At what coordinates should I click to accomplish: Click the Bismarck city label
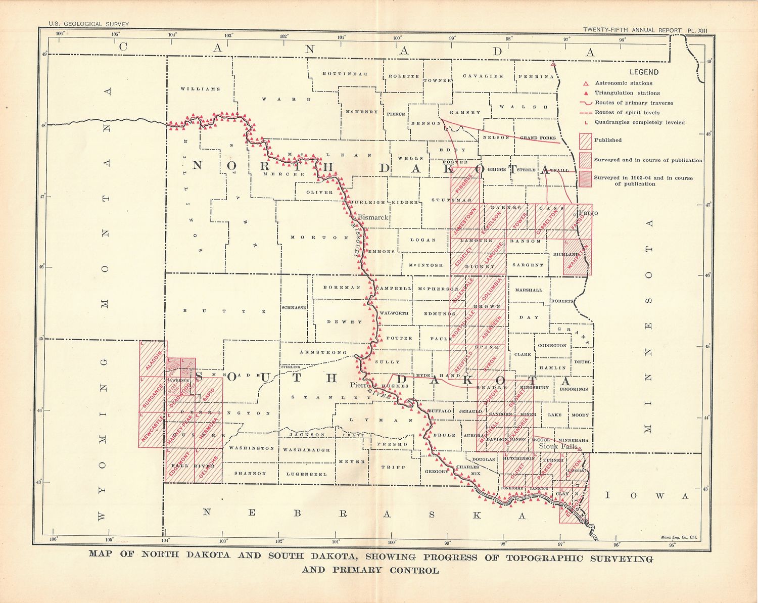click(x=373, y=217)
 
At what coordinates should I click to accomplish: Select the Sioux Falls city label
click(x=557, y=446)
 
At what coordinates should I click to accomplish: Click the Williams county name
click(x=200, y=89)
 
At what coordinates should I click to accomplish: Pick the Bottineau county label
click(x=345, y=74)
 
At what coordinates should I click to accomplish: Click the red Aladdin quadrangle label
click(x=153, y=359)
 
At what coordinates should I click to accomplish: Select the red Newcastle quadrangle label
click(x=152, y=429)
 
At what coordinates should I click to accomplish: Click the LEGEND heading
click(x=644, y=72)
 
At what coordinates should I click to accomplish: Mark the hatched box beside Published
click(x=585, y=141)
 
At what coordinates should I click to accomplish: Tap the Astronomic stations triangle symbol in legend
click(x=586, y=83)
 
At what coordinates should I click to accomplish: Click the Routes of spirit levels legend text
click(x=627, y=113)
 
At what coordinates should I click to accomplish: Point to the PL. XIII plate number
click(x=697, y=30)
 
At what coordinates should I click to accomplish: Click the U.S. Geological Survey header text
click(x=88, y=24)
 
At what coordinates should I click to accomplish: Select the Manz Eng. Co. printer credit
click(x=678, y=537)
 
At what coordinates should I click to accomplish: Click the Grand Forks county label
click(x=538, y=137)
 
